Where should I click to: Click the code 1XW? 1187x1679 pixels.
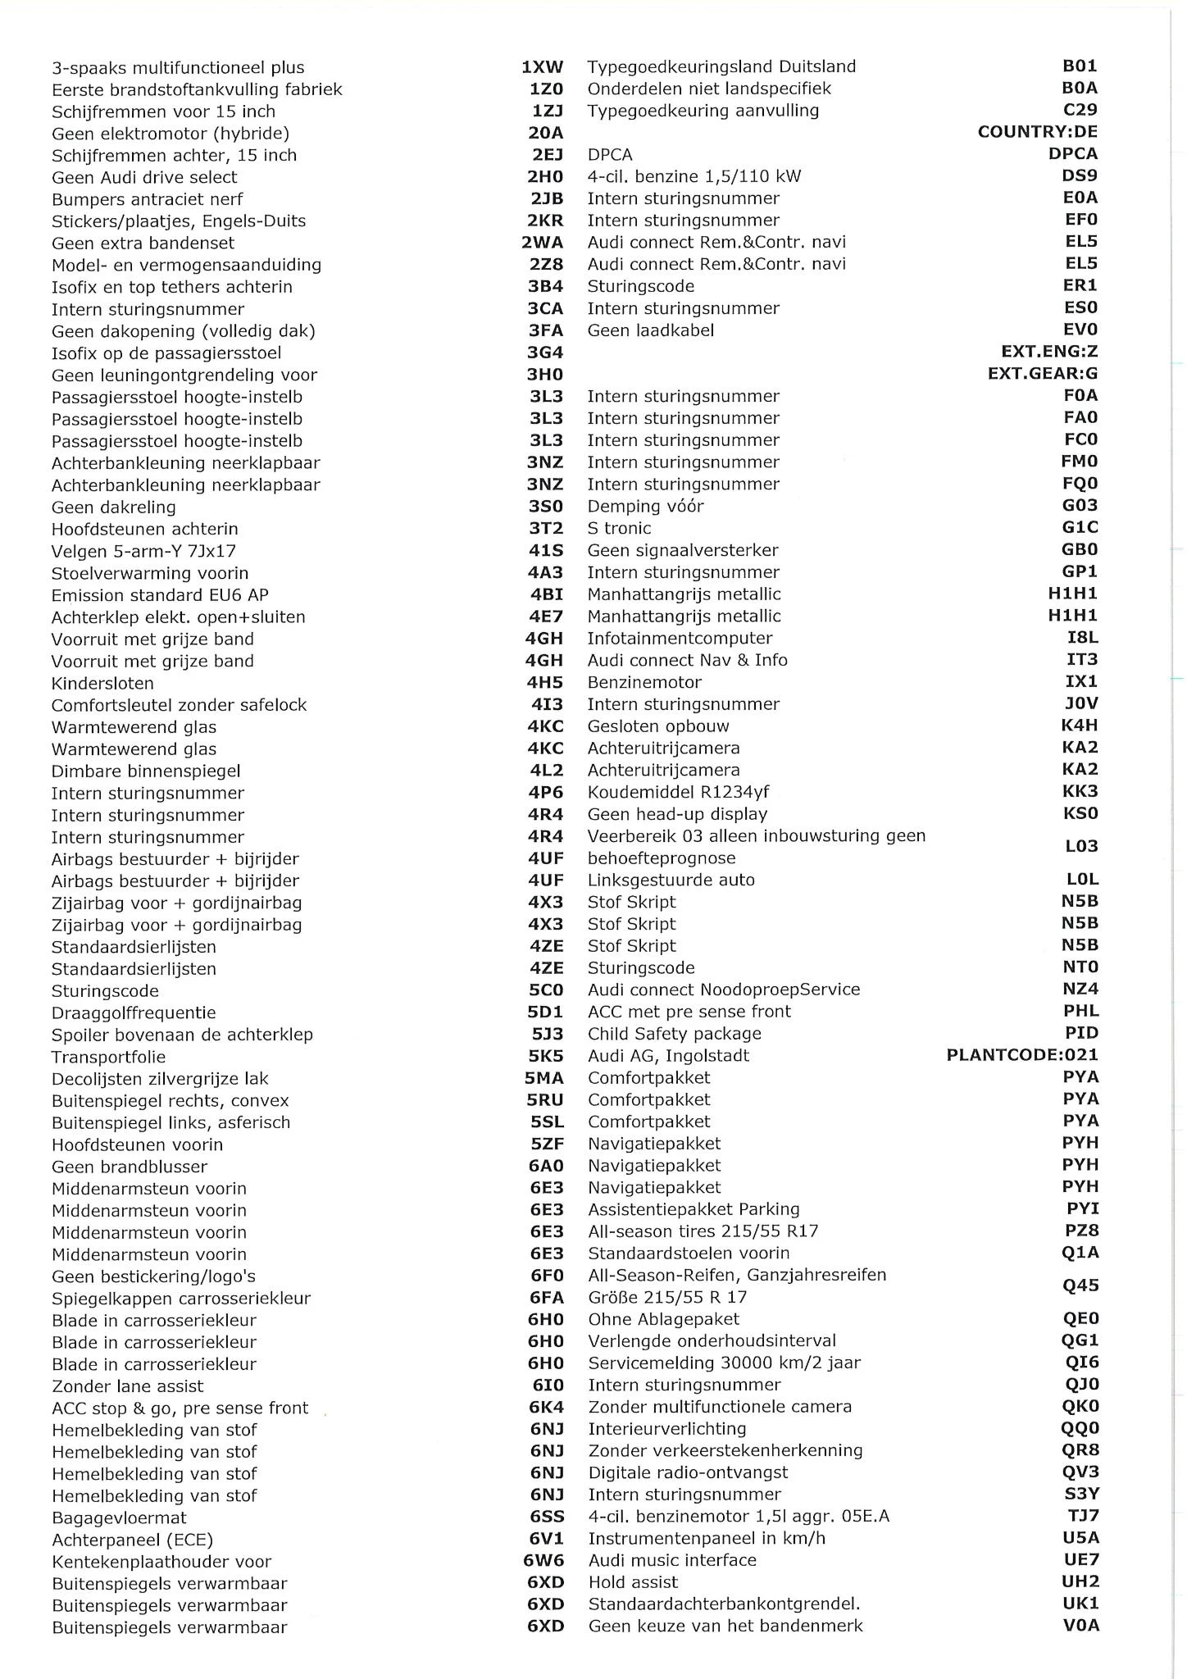coord(542,67)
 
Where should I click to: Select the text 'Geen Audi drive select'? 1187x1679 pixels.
coord(144,177)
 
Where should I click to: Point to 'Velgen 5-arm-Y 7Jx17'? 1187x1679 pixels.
coord(143,551)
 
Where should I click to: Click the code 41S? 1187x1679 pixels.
coord(545,551)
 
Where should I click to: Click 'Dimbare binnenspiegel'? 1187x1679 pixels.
coord(146,771)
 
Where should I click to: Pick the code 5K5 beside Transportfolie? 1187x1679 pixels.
coord(546,1057)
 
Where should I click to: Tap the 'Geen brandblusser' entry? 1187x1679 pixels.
coord(130,1167)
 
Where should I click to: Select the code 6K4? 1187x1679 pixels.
coord(546,1408)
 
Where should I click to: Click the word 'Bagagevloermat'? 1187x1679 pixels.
coord(119,1517)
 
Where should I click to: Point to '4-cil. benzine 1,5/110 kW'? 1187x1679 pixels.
coord(694,176)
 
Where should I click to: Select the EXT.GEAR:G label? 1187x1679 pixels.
coord(1042,374)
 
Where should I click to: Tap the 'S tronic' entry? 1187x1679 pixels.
coord(619,528)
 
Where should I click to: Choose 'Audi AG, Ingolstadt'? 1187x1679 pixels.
coord(668,1056)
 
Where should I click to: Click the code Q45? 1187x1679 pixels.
coord(1080,1285)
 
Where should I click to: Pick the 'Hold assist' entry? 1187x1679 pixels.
coord(633,1582)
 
